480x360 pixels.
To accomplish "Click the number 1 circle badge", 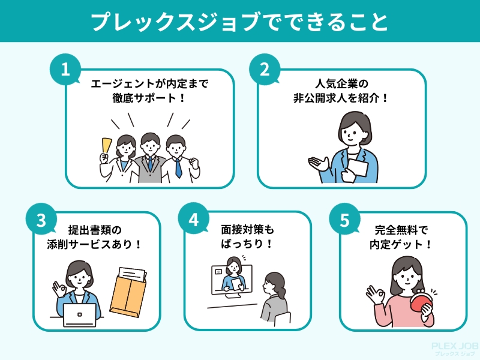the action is pyautogui.click(x=65, y=69).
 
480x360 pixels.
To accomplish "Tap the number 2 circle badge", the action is pyautogui.click(x=265, y=69).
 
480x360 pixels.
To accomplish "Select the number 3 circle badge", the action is pyautogui.click(x=41, y=220).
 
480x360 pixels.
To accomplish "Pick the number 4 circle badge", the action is pyautogui.click(x=193, y=219).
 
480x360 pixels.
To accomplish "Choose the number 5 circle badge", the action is pyautogui.click(x=344, y=220).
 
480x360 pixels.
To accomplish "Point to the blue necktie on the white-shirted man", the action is pyautogui.click(x=178, y=168).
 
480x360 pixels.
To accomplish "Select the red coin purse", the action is pyautogui.click(x=421, y=299).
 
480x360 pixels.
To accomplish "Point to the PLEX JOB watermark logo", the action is pyautogui.click(x=455, y=349).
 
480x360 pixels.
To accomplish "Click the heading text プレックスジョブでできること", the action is pyautogui.click(x=239, y=22).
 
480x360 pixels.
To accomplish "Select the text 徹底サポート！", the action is pyautogui.click(x=149, y=98).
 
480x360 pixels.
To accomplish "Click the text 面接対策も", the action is pyautogui.click(x=247, y=229).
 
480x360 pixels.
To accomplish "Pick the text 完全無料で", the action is pyautogui.click(x=401, y=230).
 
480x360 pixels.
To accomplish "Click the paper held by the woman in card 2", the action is pyautogui.click(x=358, y=167).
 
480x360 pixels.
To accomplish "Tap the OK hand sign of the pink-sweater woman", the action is pyautogui.click(x=376, y=295).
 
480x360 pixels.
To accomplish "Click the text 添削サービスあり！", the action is pyautogui.click(x=95, y=245).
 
